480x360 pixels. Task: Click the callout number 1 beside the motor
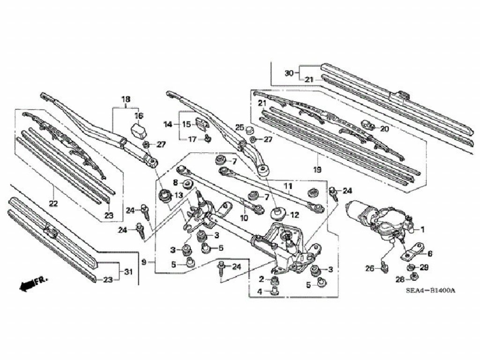click(x=422, y=229)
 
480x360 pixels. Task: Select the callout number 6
click(x=430, y=254)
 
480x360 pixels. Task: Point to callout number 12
click(x=294, y=216)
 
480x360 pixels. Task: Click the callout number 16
click(x=139, y=116)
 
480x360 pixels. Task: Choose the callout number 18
click(x=126, y=99)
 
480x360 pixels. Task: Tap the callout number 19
click(x=317, y=169)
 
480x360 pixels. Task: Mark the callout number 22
click(x=53, y=203)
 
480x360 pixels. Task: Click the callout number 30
click(x=289, y=73)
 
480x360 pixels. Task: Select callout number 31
click(x=129, y=271)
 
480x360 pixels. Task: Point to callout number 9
click(x=144, y=262)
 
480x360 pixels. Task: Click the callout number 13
click(x=179, y=195)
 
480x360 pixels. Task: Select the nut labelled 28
click(x=413, y=277)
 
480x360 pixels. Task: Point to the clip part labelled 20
click(x=367, y=125)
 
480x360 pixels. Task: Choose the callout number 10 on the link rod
click(x=244, y=218)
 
